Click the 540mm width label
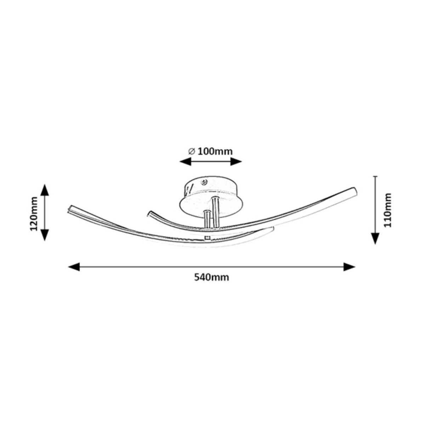[211, 277]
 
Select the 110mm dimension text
[387, 210]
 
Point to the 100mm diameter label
[215, 152]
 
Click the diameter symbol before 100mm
[192, 152]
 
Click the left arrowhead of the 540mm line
[74, 267]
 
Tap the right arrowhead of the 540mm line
[349, 267]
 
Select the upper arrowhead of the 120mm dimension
[45, 190]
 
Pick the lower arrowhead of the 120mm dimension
[45, 235]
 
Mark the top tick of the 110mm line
[375, 176]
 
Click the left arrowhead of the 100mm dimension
[185, 161]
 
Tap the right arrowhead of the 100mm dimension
[236, 161]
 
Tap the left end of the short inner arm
[149, 213]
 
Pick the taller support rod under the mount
[215, 213]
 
